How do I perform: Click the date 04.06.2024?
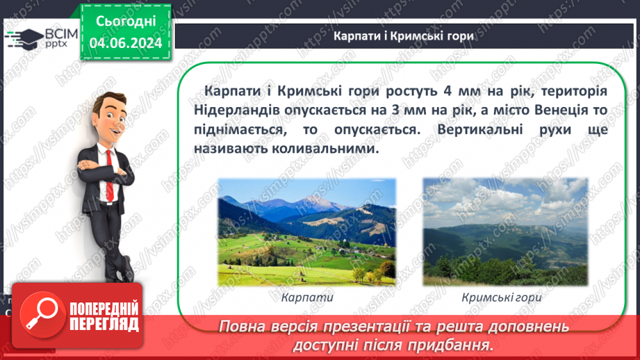pos(126,44)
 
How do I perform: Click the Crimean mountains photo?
pos(505,231)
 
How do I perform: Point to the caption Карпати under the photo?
pos(308,297)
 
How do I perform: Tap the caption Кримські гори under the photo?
pos(501,297)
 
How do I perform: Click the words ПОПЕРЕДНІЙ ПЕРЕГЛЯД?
pos(102,316)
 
